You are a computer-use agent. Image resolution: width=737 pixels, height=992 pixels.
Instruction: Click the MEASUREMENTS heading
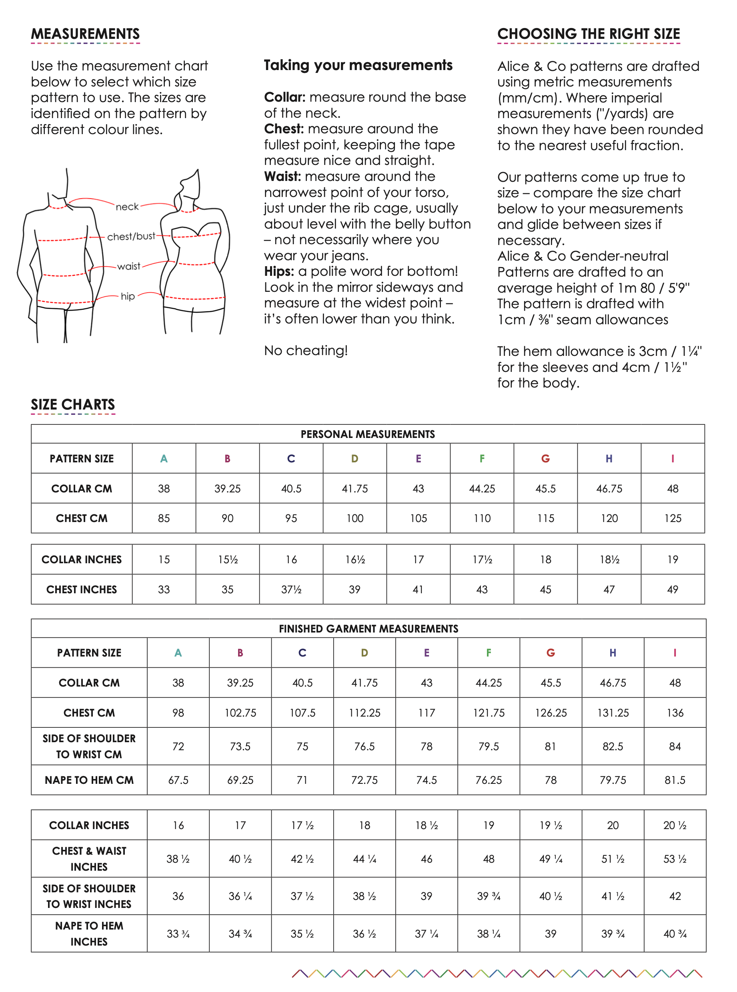point(85,34)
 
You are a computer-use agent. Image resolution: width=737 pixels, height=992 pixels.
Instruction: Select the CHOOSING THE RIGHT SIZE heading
point(588,34)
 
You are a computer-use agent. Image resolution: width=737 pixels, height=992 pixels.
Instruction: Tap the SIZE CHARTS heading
point(73,404)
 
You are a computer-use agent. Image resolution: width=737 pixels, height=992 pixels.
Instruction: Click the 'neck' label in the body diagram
point(127,207)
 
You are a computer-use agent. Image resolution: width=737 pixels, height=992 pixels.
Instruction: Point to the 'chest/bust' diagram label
point(131,236)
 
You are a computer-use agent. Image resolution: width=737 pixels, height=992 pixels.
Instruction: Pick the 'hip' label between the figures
point(128,296)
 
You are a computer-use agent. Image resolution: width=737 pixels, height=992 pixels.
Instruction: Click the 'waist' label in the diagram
point(128,266)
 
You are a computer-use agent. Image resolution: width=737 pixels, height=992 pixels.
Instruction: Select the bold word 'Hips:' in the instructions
point(279,271)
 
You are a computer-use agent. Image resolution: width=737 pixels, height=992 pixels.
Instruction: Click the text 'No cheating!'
point(306,350)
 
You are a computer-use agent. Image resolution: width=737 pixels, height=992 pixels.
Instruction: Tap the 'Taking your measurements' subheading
point(358,65)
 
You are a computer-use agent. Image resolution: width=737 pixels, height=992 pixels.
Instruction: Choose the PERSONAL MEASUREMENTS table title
point(368,434)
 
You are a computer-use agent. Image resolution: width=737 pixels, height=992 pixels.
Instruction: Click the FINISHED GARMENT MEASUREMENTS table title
point(368,629)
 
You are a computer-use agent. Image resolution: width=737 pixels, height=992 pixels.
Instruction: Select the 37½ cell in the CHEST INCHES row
point(291,590)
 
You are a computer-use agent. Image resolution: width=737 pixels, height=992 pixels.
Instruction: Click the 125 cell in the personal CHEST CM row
point(672,518)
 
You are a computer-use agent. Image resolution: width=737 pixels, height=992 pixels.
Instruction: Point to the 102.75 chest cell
point(240,713)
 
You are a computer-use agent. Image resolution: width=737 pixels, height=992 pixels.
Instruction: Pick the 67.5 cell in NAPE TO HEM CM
point(178,780)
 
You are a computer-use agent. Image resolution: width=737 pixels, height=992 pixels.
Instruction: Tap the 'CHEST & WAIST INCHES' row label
point(89,859)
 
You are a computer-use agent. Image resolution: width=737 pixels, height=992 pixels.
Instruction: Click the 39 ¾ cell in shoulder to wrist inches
point(489,896)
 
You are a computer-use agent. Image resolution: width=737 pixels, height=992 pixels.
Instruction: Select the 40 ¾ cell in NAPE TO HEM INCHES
point(675,934)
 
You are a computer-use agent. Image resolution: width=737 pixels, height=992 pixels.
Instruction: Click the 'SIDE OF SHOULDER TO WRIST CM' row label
point(89,746)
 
